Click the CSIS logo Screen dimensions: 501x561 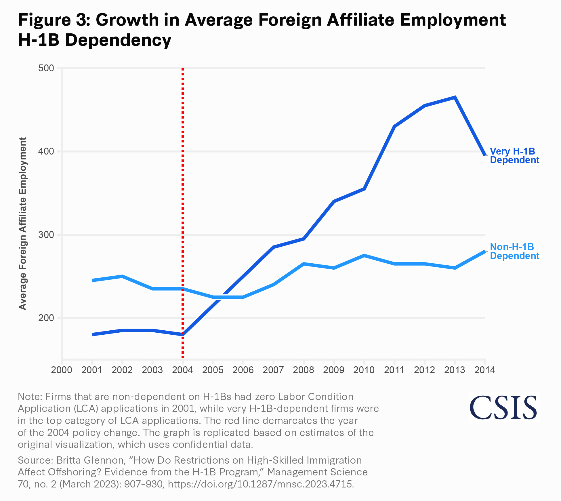(x=503, y=408)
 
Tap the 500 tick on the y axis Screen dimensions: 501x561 (x=46, y=68)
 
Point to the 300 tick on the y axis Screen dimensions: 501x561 (x=46, y=235)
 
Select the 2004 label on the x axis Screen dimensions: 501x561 (x=182, y=370)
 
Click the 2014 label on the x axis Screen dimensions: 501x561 (x=485, y=370)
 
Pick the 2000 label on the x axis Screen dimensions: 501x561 (x=62, y=370)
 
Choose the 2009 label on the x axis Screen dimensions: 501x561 (x=334, y=370)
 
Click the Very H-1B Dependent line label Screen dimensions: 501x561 (x=514, y=156)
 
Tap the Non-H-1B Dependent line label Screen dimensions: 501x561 (x=514, y=251)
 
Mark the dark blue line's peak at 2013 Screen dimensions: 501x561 (x=455, y=98)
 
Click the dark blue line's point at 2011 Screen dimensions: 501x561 (x=394, y=127)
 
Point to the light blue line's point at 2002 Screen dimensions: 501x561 (x=122, y=277)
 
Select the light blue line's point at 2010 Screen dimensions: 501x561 (x=364, y=256)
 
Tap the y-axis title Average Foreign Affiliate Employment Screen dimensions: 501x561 (x=23, y=223)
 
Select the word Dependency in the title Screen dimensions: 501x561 (x=118, y=40)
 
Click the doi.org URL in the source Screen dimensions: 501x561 (x=260, y=484)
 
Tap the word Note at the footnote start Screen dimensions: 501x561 (x=30, y=397)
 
